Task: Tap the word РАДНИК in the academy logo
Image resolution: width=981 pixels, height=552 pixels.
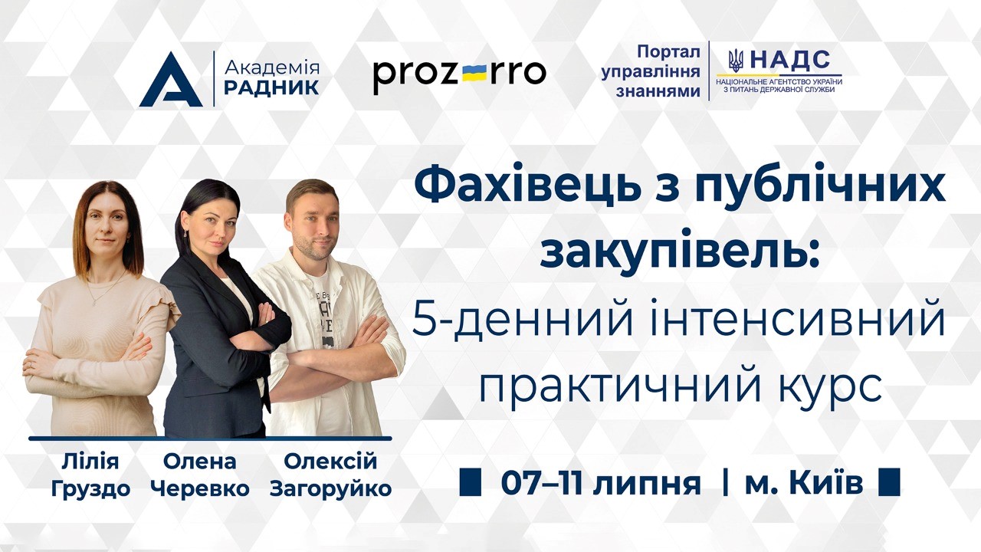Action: coord(271,87)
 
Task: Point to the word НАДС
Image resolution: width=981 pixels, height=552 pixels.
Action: coord(790,60)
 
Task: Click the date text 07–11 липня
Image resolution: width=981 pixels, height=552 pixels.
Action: coord(601,484)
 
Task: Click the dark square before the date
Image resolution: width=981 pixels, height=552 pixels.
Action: coord(471,482)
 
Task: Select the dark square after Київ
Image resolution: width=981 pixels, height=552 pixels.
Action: coord(890,482)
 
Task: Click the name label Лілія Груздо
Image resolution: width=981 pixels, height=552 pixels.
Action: coord(90,475)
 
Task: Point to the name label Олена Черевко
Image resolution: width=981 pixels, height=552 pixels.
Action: coord(200,475)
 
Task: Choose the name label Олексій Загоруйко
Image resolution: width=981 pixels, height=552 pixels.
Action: coord(330,475)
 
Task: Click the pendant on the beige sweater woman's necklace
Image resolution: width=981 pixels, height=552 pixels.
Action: coord(94,302)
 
